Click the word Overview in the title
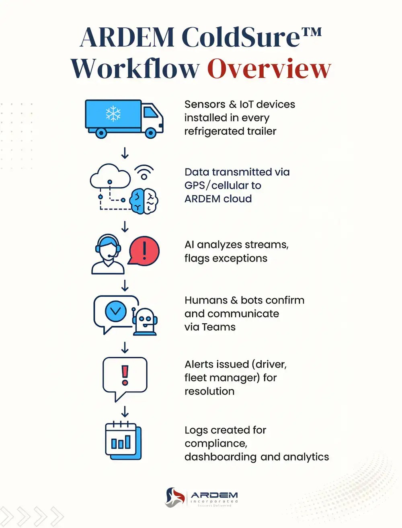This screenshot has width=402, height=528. (269, 68)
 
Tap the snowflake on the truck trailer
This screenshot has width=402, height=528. (113, 114)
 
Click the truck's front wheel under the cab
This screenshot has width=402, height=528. (151, 133)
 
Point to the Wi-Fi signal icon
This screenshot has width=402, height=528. (144, 173)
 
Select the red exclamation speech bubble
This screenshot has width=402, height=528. (144, 251)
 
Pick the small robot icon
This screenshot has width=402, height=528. (145, 321)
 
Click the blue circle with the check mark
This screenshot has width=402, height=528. (116, 311)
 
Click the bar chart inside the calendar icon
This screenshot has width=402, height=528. (121, 442)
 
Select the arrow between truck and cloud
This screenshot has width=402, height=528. (125, 153)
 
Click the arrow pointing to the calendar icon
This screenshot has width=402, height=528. (125, 411)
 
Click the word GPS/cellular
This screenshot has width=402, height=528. (223, 185)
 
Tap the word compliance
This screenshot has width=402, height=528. (216, 444)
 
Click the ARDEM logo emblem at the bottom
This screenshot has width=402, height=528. (175, 497)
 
